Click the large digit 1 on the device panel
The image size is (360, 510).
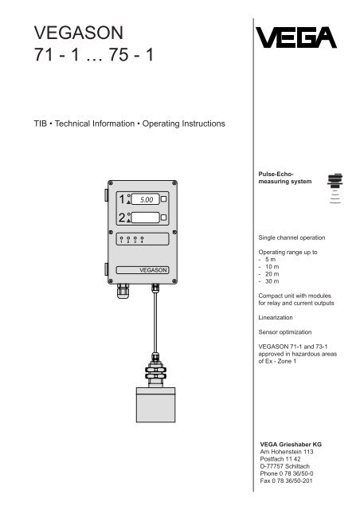coord(121,199)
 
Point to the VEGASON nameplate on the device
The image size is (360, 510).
coord(147,270)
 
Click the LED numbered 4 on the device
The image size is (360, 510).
coord(142,238)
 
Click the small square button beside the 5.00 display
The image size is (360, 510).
coord(164,199)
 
